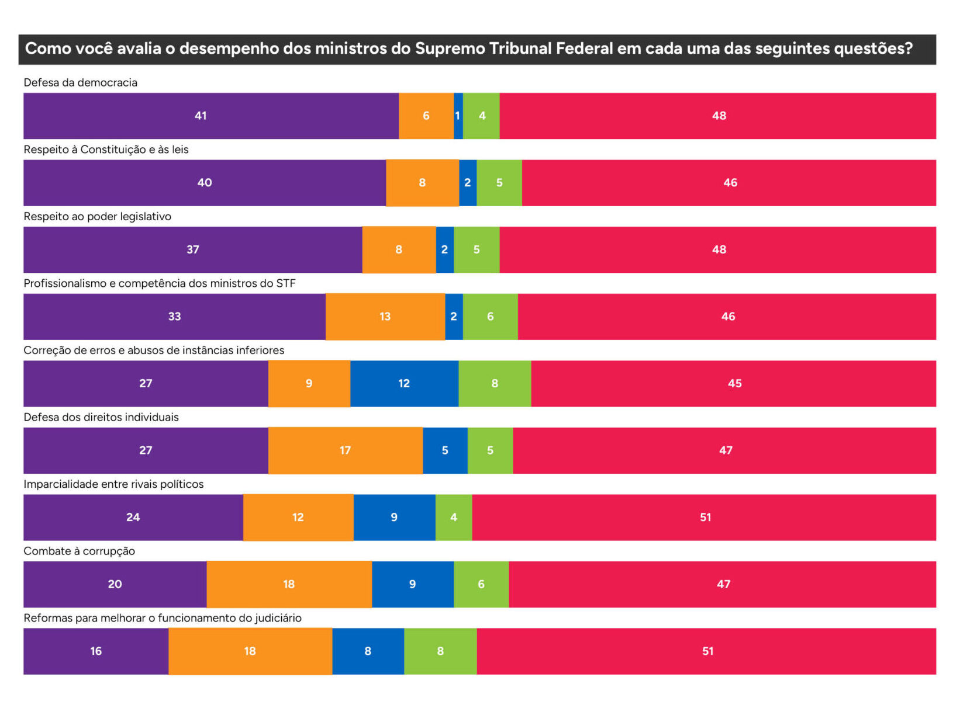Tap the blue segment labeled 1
tap(458, 116)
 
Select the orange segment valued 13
tap(385, 317)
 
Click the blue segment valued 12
tap(404, 384)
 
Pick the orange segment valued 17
tap(345, 450)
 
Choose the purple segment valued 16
tap(96, 651)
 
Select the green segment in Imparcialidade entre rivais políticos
tap(454, 518)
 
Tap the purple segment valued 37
tap(192, 250)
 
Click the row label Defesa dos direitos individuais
tap(101, 417)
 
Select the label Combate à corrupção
tap(79, 551)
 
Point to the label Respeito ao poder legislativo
tap(97, 216)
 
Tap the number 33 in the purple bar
tap(174, 317)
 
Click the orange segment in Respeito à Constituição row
tap(422, 183)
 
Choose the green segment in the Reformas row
tap(440, 651)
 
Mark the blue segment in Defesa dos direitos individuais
tap(445, 450)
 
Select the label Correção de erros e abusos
tap(154, 350)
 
